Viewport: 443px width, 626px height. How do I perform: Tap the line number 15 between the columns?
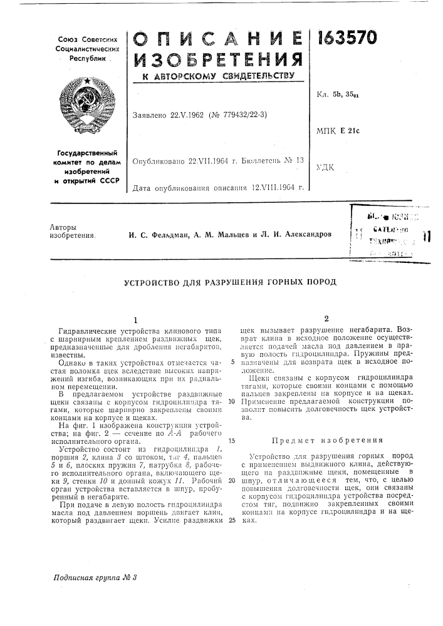[231, 440]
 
